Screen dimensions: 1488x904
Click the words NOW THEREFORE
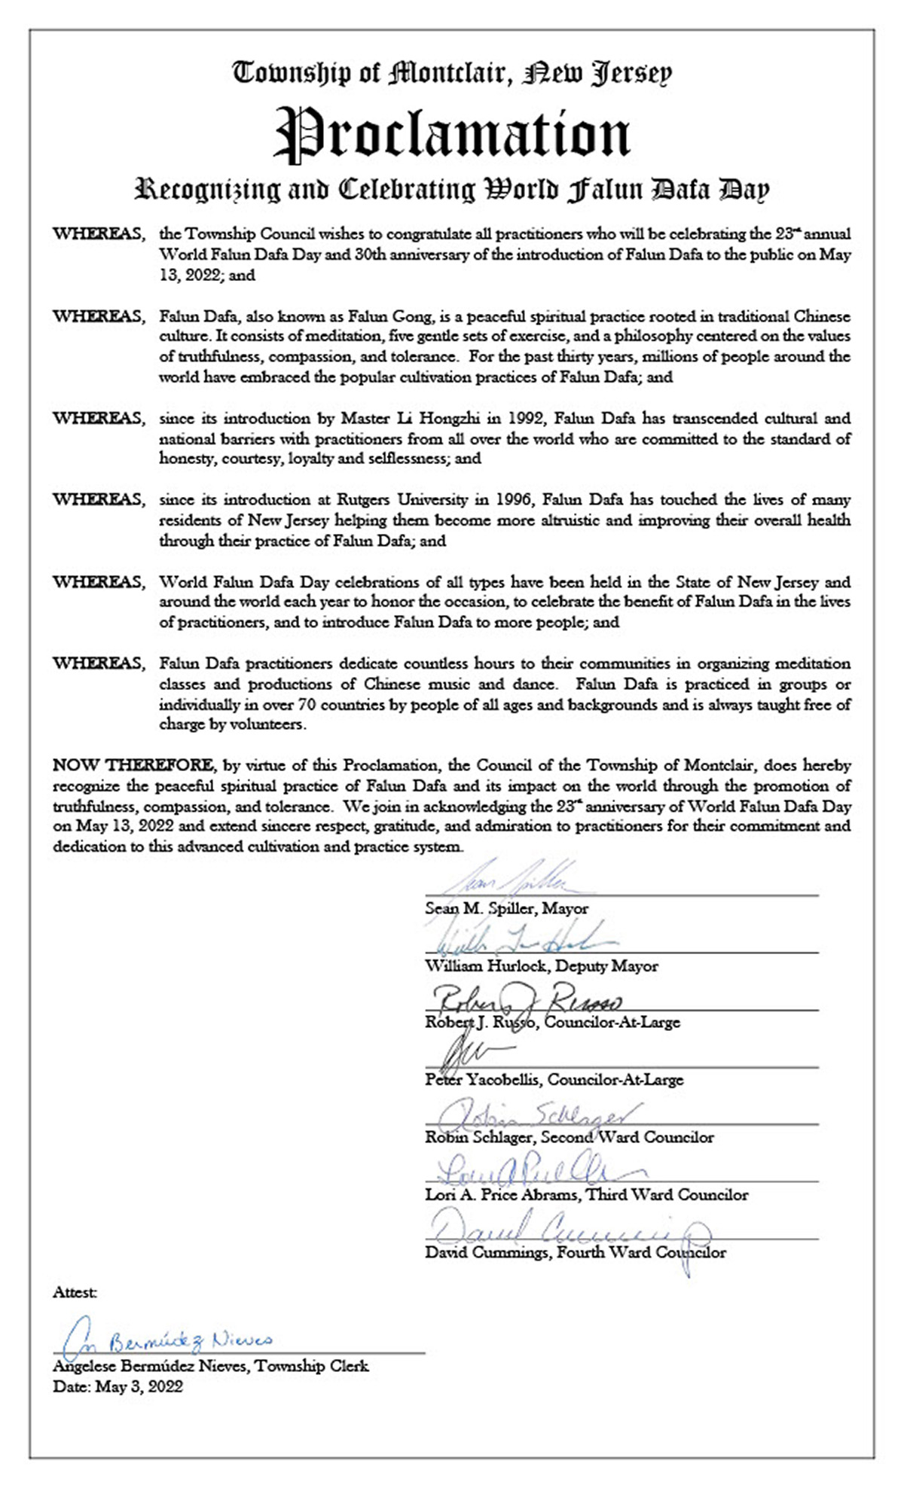(133, 765)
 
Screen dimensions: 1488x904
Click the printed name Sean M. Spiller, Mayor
(506, 908)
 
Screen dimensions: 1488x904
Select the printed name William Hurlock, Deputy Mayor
(541, 965)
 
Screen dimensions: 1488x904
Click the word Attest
(75, 1292)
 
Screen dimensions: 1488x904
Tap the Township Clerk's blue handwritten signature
(166, 1341)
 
